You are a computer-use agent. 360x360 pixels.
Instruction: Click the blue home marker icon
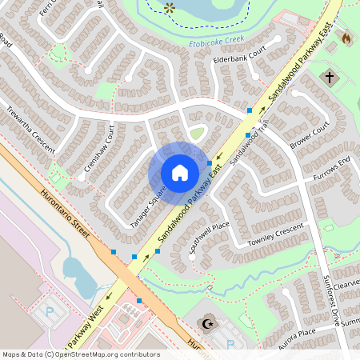(x=180, y=172)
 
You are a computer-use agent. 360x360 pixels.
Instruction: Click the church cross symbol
(x=330, y=78)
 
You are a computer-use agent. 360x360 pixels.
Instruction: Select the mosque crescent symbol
(x=210, y=324)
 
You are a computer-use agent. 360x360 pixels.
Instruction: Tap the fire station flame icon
(x=346, y=37)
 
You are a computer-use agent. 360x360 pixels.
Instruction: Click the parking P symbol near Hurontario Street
(x=49, y=310)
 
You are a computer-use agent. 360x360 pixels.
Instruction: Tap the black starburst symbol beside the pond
(x=170, y=7)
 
